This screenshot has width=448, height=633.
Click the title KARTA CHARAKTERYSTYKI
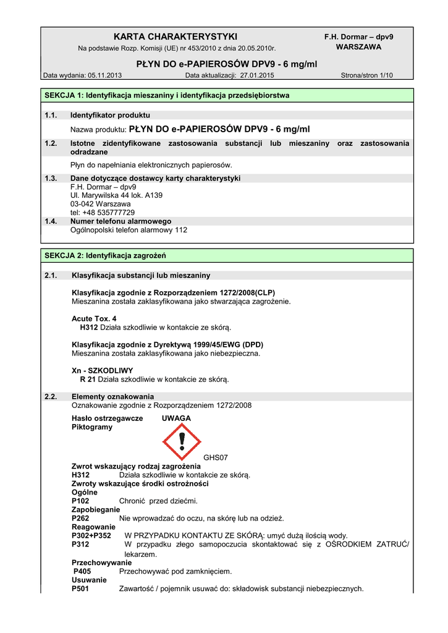(175, 36)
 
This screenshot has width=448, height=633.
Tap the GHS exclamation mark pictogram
(181, 441)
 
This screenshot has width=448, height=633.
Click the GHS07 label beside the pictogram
(216, 457)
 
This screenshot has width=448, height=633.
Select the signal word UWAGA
(176, 418)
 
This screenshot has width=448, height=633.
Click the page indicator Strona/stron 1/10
(366, 75)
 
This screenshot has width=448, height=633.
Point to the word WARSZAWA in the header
(358, 46)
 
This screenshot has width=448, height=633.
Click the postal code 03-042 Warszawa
(100, 203)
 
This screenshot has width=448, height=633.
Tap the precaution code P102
(81, 501)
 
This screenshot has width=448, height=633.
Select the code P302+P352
(91, 535)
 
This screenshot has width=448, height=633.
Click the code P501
(81, 588)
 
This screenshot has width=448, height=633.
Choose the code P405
(82, 571)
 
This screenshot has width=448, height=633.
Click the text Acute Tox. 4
(94, 318)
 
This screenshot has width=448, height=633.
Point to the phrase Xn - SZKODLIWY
(98, 370)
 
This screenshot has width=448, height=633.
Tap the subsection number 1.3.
(51, 178)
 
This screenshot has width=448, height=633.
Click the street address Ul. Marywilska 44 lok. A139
(116, 195)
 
